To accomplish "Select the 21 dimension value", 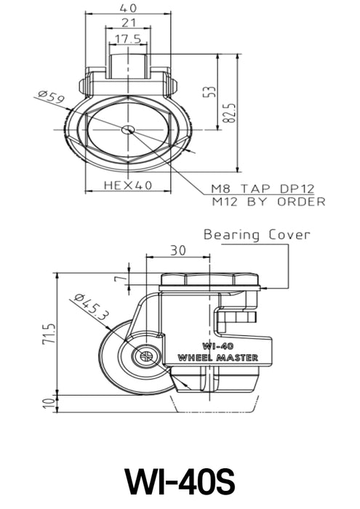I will click(129, 24).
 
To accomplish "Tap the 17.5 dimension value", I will click(128, 39).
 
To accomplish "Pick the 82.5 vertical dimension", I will click(229, 112).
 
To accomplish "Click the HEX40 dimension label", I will click(127, 185).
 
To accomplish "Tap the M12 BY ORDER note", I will click(268, 201).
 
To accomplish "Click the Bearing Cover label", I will click(257, 235).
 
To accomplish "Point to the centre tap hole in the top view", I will click(128, 129).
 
